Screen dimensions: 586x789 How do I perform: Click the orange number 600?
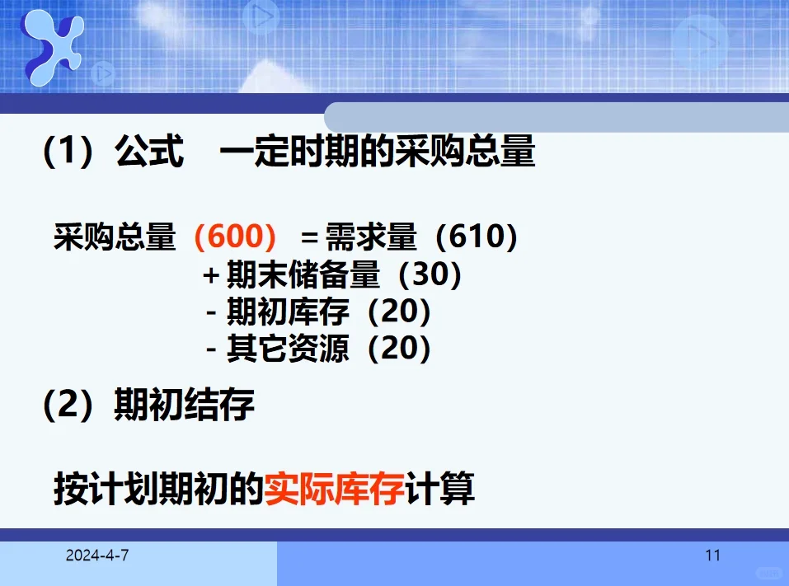234,237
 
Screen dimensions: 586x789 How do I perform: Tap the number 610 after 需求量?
476,237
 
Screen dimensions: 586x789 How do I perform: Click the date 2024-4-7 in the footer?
97,556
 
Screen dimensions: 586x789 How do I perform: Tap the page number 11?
712,556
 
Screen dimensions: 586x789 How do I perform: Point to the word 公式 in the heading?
149,152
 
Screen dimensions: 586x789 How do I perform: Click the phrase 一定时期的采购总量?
378,152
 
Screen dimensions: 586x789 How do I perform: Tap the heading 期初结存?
184,405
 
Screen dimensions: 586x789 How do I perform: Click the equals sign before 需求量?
309,238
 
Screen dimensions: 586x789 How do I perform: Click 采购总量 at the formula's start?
115,237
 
